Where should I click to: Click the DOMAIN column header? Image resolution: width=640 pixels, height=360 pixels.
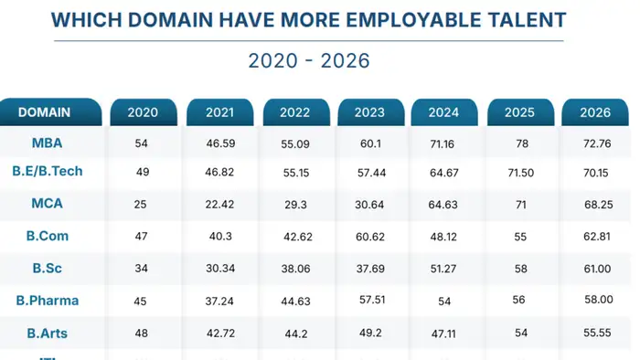(x=44, y=112)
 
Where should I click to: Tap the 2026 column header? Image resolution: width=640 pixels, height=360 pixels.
(x=595, y=113)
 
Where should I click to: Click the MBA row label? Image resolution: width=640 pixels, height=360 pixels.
(x=48, y=143)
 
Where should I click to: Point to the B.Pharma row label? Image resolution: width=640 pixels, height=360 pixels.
(x=48, y=301)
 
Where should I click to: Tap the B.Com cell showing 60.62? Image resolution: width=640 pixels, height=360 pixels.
(x=371, y=237)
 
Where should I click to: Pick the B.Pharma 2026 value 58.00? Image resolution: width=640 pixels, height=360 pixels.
(x=595, y=301)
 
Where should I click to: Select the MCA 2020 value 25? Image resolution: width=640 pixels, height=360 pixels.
(x=142, y=204)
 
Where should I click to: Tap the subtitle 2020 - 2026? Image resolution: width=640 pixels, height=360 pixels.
(x=308, y=60)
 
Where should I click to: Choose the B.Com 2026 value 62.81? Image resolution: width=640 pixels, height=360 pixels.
(x=595, y=237)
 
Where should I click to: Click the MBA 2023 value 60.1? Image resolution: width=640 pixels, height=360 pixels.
(x=371, y=144)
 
